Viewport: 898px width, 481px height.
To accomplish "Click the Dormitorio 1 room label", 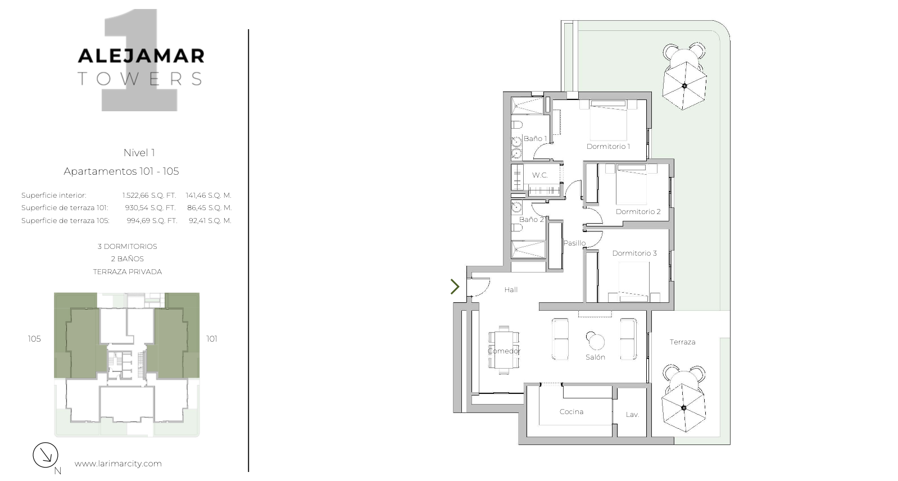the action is (608, 146).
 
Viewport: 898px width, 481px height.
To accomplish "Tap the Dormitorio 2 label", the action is (638, 211).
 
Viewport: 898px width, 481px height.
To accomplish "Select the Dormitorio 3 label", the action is (634, 253).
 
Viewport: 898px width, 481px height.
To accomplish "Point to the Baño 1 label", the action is (535, 138).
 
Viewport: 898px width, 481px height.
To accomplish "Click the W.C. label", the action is (539, 175).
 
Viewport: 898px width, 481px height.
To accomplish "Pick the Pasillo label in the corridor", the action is (574, 243).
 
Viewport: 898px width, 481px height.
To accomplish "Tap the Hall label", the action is (511, 289).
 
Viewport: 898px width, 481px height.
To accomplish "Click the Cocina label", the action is (572, 411).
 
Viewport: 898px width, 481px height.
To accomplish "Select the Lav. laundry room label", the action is (632, 415).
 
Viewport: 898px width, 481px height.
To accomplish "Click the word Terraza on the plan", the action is (682, 342).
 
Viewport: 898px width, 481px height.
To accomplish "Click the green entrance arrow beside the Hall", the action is (455, 287).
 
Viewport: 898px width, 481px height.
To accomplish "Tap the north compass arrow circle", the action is (46, 455).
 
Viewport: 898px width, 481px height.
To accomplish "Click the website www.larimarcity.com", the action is (118, 464).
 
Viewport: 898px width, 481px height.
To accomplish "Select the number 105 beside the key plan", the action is (34, 339).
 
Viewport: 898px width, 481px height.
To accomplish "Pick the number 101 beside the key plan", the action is (212, 339).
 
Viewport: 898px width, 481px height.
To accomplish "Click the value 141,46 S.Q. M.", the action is (208, 195).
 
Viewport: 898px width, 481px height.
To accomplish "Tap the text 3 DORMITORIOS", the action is (128, 246).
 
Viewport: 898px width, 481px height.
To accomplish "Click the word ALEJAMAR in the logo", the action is (141, 56).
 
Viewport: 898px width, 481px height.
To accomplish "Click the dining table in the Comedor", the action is (504, 350).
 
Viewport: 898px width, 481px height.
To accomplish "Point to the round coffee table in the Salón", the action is (595, 341).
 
